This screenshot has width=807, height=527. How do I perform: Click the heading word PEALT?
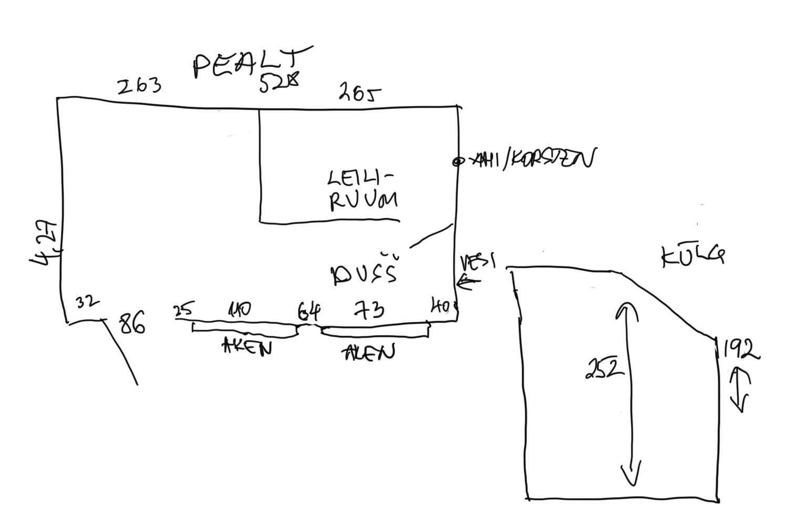click(251, 62)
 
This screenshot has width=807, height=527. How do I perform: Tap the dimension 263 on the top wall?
click(139, 87)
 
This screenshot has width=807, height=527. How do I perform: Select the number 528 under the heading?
click(279, 82)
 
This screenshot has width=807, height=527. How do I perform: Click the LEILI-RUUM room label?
click(363, 190)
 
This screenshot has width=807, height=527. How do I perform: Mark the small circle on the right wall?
click(457, 162)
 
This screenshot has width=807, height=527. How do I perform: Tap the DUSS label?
click(363, 273)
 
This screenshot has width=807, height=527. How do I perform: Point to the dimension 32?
click(87, 302)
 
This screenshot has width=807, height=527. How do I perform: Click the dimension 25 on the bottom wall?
click(184, 310)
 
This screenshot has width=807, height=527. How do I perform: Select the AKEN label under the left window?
click(247, 347)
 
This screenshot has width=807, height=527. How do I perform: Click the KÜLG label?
click(692, 257)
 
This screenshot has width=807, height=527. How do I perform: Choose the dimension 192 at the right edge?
click(740, 350)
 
